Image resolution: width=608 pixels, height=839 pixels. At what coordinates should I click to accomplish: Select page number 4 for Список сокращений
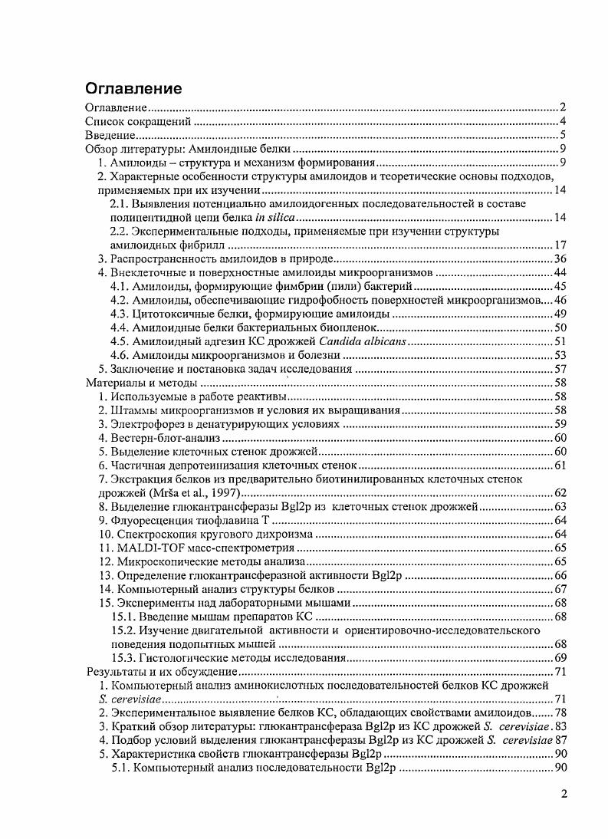562,122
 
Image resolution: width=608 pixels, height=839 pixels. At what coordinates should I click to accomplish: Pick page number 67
559,589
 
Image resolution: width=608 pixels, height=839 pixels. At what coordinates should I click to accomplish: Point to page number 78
559,713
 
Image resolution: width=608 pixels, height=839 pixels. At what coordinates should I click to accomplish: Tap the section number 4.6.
120,355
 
